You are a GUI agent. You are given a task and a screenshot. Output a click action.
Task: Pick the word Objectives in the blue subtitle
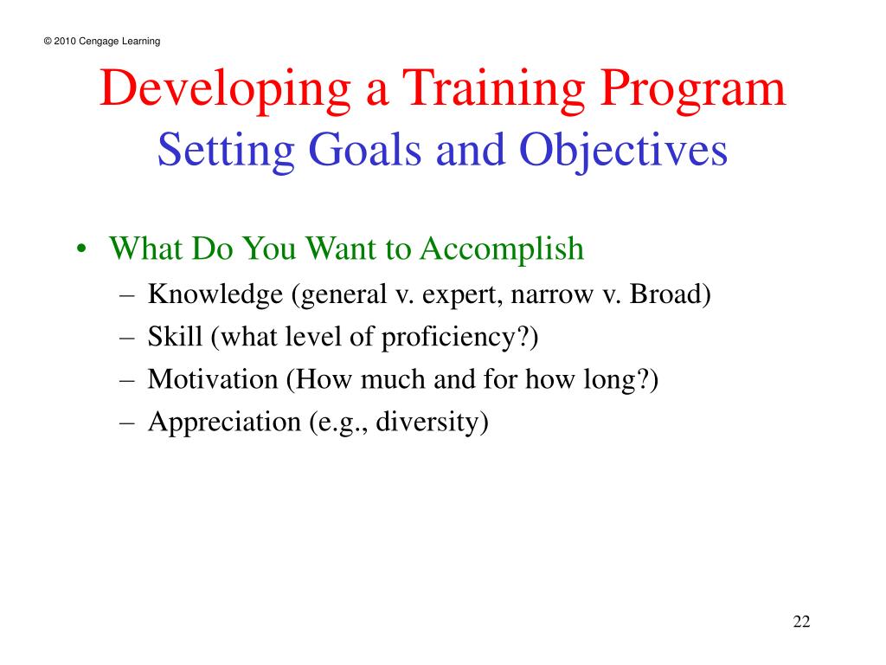coord(623,152)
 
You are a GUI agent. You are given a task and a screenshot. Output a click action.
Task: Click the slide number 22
coord(800,623)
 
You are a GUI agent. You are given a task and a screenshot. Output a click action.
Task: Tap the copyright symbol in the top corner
coord(46,42)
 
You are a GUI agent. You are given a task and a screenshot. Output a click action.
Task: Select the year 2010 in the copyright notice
coord(64,42)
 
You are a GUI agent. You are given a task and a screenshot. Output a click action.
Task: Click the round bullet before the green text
coord(80,251)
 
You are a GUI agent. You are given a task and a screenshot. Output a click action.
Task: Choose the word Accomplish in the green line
coord(503,250)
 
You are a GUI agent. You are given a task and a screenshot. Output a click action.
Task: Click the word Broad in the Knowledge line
coord(669,294)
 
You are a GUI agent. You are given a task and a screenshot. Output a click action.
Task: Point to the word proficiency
coord(459,338)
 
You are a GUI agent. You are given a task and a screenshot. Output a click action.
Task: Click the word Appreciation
coord(223,423)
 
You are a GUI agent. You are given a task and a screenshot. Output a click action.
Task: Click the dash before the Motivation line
coord(127,380)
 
